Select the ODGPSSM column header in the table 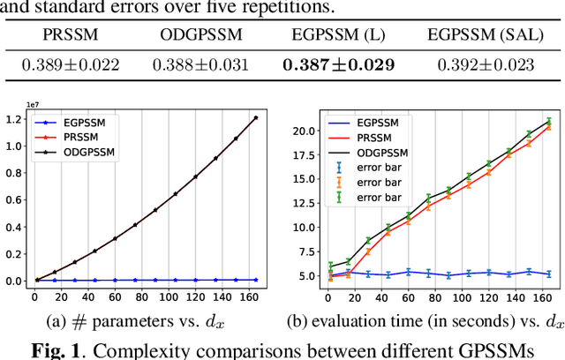pos(200,37)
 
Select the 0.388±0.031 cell pos(200,64)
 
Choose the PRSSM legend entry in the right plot pos(375,139)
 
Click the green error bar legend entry pos(376,196)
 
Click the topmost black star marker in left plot pos(255,118)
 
